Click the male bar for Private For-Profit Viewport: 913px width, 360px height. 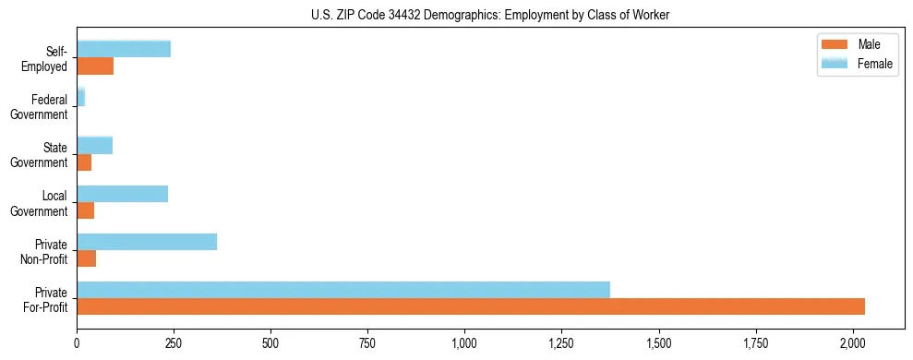pyautogui.click(x=471, y=306)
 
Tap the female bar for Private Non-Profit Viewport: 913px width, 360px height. pyautogui.click(x=147, y=242)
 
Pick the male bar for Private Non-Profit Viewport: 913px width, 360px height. pyautogui.click(x=87, y=258)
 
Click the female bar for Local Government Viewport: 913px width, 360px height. pyautogui.click(x=123, y=194)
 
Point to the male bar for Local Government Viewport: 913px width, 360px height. pyautogui.click(x=86, y=210)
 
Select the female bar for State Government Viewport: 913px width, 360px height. pyautogui.click(x=95, y=146)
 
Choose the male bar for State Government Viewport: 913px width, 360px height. pyautogui.click(x=84, y=162)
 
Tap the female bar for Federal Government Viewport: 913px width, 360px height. pyautogui.click(x=81, y=97)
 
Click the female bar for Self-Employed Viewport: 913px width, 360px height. pyautogui.click(x=124, y=49)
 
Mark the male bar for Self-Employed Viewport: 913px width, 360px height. pyautogui.click(x=95, y=66)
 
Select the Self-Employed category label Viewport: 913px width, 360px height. pyautogui.click(x=49, y=58)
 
